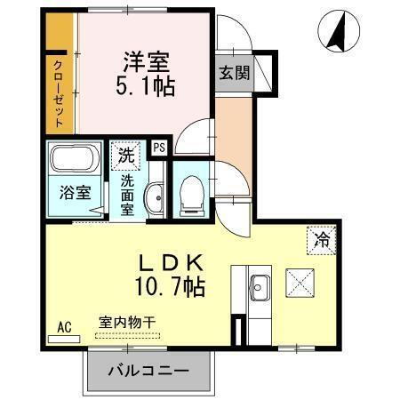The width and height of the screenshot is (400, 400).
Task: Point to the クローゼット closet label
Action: click(x=58, y=92)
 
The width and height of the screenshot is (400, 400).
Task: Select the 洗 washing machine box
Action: click(x=124, y=153)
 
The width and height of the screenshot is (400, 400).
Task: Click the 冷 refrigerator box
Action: click(x=323, y=238)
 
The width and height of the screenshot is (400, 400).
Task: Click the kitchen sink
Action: click(x=260, y=287)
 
